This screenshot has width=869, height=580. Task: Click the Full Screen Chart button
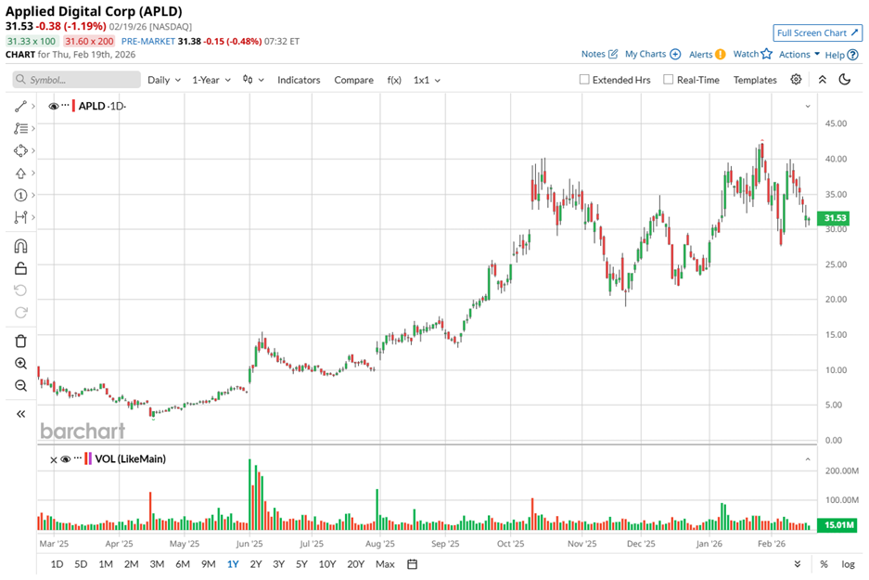[817, 32]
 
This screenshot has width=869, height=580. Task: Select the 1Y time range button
[232, 563]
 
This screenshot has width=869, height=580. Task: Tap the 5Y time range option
[301, 563]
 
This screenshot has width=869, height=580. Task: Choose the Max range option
[385, 563]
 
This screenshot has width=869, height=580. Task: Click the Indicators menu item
[299, 80]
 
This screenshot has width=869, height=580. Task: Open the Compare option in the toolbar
[353, 80]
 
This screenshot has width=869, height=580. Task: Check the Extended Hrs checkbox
[584, 80]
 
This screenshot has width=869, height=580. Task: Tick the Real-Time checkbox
[668, 80]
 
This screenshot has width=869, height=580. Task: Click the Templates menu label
[755, 80]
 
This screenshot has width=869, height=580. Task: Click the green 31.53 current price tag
[835, 219]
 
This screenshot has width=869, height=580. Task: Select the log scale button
[848, 563]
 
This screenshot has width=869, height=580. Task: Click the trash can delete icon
[20, 342]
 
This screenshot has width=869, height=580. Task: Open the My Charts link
[652, 55]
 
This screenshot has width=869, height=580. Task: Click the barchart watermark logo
[82, 431]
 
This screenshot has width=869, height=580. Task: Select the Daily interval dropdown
[164, 80]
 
